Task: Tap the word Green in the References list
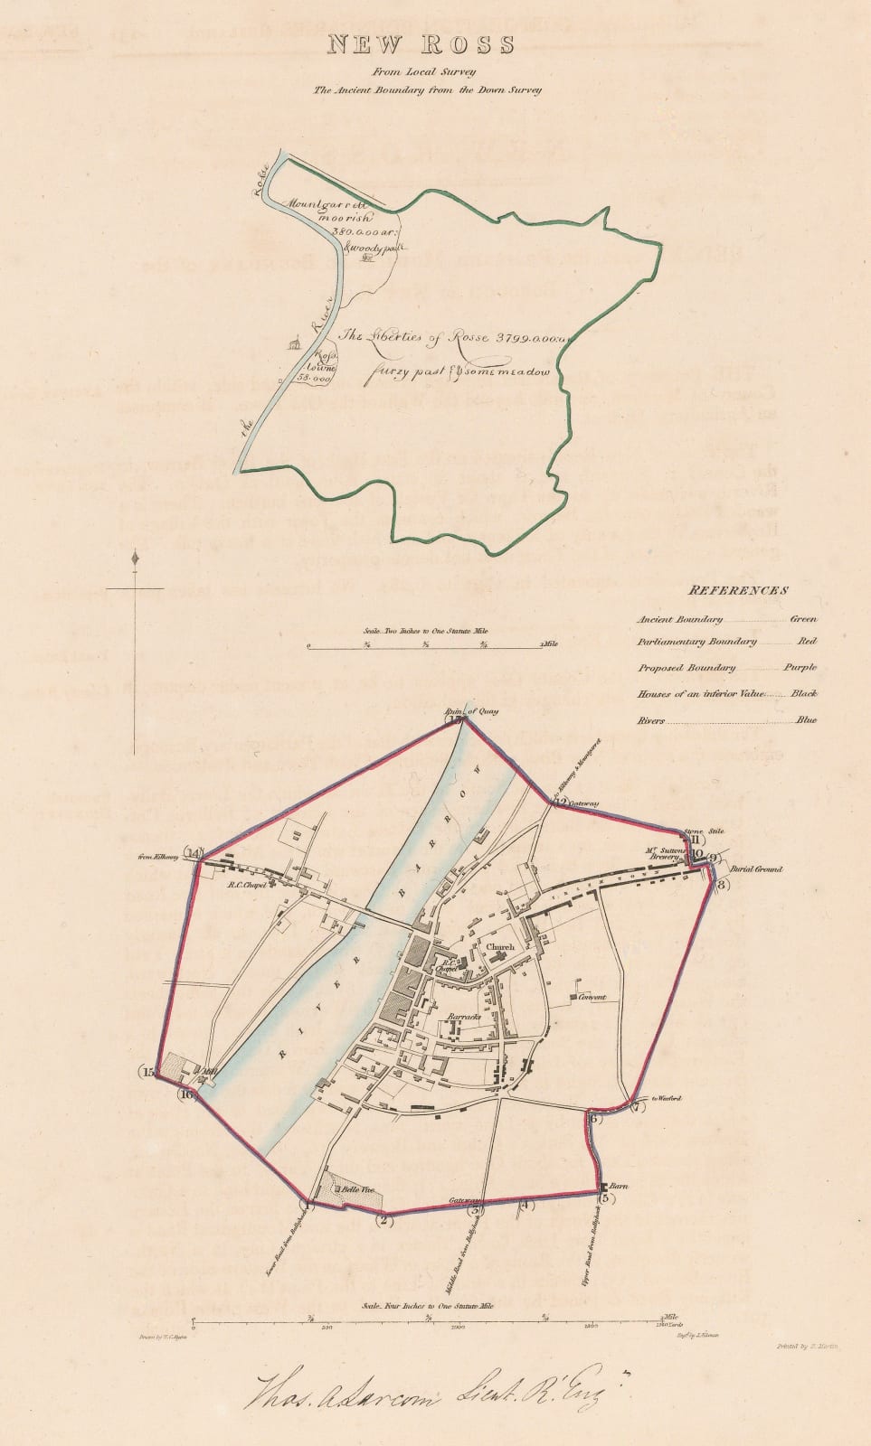(x=803, y=619)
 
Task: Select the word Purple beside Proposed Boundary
(x=800, y=668)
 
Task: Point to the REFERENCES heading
(x=738, y=590)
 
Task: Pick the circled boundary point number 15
(x=149, y=1072)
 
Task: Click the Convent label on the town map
(x=588, y=998)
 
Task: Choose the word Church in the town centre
(x=500, y=947)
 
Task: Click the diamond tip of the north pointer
(x=136, y=559)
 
